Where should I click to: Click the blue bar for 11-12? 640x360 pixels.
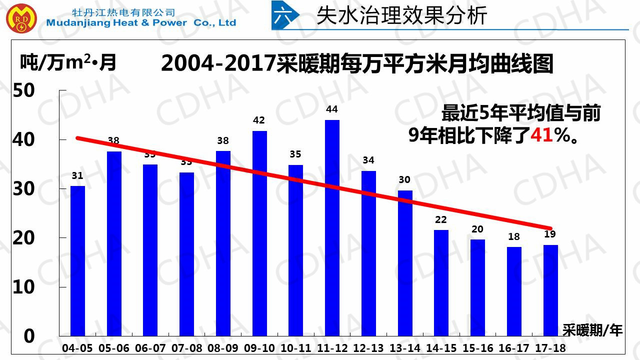332,228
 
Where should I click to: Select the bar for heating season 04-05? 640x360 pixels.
77,260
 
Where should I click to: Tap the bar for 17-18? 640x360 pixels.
550,290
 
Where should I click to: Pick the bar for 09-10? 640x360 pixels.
259,233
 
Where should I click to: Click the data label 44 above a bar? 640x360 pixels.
332,109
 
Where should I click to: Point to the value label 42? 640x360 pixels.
259,120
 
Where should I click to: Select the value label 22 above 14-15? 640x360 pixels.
441,220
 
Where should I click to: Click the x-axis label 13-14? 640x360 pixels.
405,348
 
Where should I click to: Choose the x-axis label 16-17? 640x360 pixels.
514,348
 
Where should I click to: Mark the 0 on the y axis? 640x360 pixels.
29,336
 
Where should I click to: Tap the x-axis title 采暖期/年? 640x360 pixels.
592,330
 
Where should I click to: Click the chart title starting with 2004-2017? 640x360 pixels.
357,64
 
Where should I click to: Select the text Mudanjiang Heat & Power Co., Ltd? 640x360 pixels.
141,23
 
